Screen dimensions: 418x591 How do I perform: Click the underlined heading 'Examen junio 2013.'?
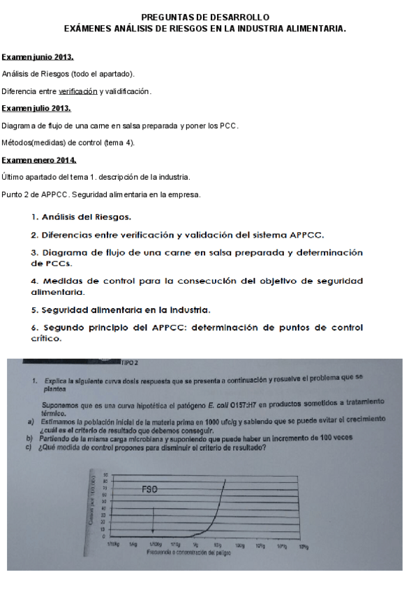(38, 56)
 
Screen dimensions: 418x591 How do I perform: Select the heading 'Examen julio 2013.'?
(36, 109)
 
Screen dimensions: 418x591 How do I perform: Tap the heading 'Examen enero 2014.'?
(39, 160)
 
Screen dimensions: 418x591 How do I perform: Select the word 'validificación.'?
(128, 91)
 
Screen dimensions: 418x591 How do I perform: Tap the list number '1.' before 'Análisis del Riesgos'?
(35, 217)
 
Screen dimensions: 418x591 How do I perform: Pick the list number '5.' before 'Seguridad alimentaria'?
(35, 309)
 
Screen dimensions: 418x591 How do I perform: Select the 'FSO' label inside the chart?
(149, 489)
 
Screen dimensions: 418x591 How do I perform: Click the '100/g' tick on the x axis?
(239, 546)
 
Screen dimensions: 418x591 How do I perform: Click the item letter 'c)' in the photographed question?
(30, 447)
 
